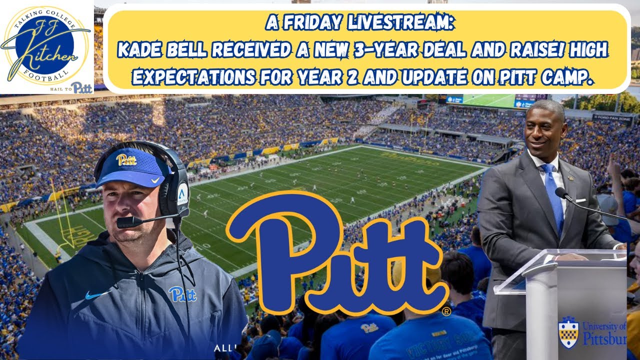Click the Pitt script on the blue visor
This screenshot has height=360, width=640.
point(126,159)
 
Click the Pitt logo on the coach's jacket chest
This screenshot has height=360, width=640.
point(182,293)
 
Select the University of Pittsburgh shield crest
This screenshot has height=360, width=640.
point(568,332)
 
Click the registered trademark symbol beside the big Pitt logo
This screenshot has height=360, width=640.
point(446,311)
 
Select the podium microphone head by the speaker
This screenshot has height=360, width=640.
point(560,193)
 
